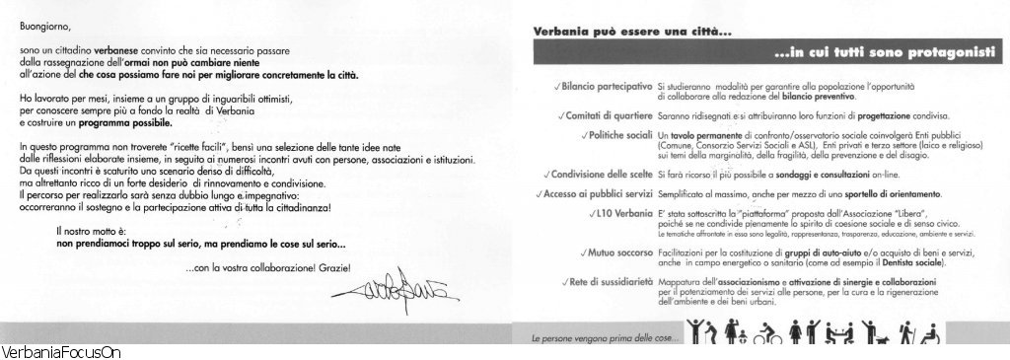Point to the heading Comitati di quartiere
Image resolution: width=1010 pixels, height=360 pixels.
pos(607,115)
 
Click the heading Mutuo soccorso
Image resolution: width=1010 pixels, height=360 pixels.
pos(618,252)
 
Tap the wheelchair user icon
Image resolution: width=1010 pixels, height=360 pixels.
pos(930,336)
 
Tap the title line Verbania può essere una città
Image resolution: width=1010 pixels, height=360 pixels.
pos(615,30)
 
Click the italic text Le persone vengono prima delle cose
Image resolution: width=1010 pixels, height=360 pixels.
pos(592,340)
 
